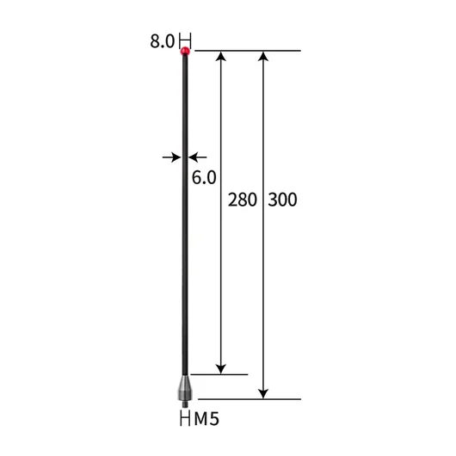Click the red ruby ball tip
(x=185, y=52)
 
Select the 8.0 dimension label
(x=162, y=41)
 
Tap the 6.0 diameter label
(x=204, y=177)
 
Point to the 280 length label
(x=243, y=200)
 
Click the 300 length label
(x=282, y=200)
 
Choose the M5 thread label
(x=206, y=419)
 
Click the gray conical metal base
(x=185, y=387)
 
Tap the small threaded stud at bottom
(x=185, y=404)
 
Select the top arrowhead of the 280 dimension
(x=221, y=56)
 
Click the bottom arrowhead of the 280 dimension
(x=221, y=369)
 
